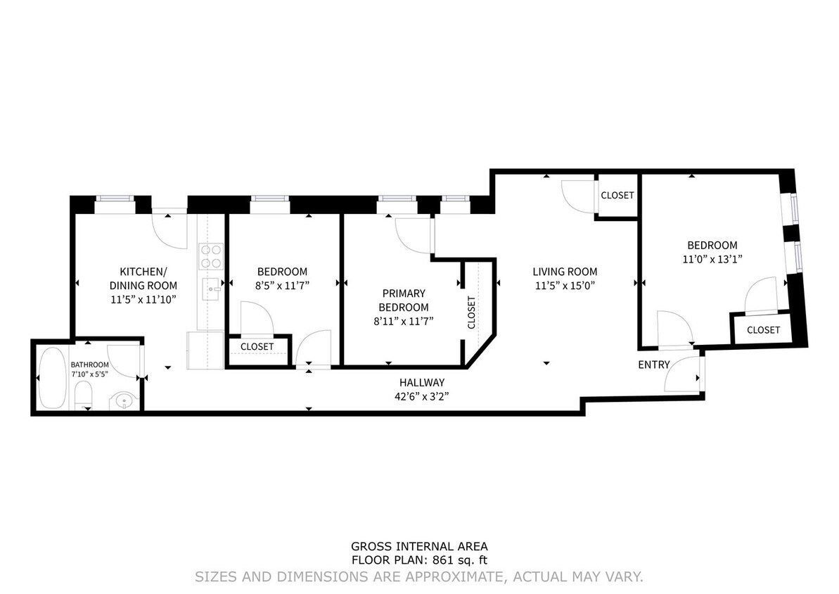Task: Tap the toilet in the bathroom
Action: coord(83,396)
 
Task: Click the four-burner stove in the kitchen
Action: coord(210,256)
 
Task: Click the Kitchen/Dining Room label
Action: coord(143,279)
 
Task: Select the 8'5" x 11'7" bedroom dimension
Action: coord(282,285)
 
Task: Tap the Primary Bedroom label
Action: coord(403,300)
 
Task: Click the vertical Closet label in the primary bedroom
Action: coord(471,312)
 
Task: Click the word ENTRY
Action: coord(653,365)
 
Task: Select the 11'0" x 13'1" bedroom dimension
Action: coord(712,258)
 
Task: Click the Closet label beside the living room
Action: coord(617,195)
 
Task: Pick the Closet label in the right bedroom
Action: coord(763,329)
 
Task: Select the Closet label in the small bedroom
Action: coord(257,347)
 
